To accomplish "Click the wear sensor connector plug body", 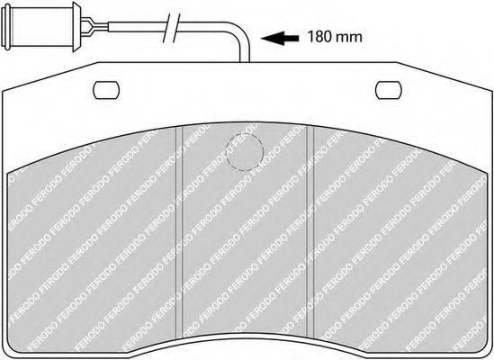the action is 41,26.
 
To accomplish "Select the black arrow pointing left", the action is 280,38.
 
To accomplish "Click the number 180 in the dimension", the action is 319,37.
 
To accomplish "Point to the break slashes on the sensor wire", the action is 172,28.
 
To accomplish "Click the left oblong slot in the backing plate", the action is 106,90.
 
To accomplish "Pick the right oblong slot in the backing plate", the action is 389,90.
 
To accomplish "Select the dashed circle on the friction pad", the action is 245,152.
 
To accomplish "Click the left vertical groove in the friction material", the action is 179,231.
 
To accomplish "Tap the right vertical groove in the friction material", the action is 310,231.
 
